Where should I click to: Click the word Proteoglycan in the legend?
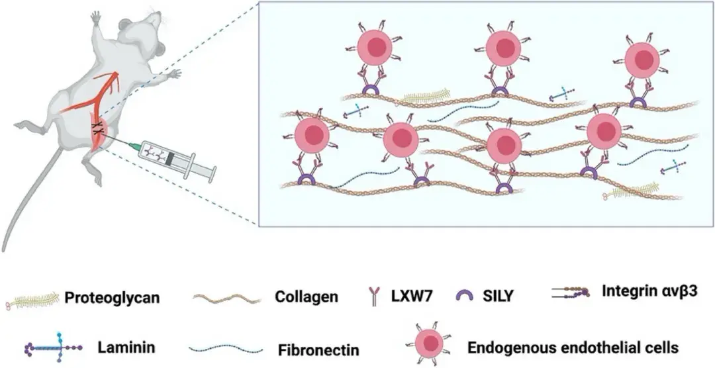(111, 298)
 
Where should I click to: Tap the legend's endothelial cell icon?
(430, 344)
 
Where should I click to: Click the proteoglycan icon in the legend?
(32, 299)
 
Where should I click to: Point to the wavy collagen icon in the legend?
(226, 299)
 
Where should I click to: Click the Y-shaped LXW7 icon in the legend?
(375, 298)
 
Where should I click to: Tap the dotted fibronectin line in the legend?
(226, 349)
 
